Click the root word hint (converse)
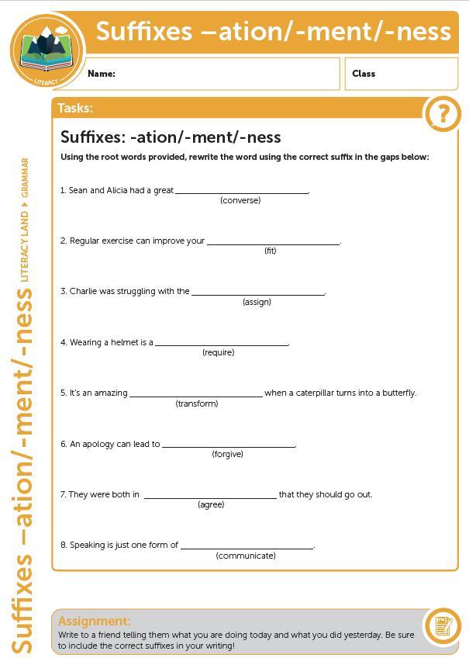click(240, 200)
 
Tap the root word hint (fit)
click(271, 251)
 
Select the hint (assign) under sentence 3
click(257, 302)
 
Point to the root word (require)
click(218, 352)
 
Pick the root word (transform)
click(197, 404)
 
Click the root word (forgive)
click(228, 454)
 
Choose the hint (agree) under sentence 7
click(211, 504)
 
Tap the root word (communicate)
click(246, 556)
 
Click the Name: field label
click(102, 74)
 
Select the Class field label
click(364, 74)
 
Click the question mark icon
click(443, 115)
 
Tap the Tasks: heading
click(76, 108)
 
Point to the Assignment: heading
click(95, 621)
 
